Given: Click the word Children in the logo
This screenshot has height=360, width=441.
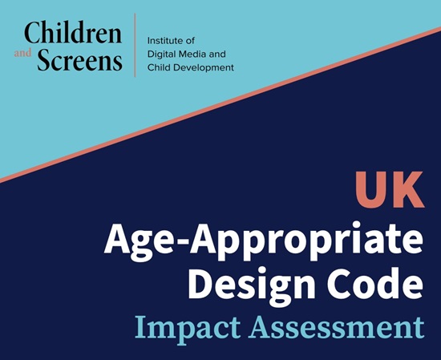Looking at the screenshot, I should [x=73, y=33].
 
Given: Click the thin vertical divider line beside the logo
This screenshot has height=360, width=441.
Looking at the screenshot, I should [x=134, y=45].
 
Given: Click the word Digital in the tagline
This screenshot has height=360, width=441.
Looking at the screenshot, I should [x=161, y=54].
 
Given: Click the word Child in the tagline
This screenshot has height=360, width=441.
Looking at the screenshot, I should [x=159, y=68].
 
